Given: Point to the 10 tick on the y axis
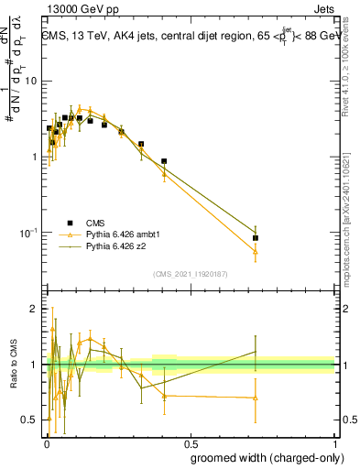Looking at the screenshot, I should [x=34, y=81].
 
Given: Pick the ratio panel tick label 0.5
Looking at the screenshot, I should [x=30, y=420].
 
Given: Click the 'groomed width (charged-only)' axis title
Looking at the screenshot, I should [x=262, y=457].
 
